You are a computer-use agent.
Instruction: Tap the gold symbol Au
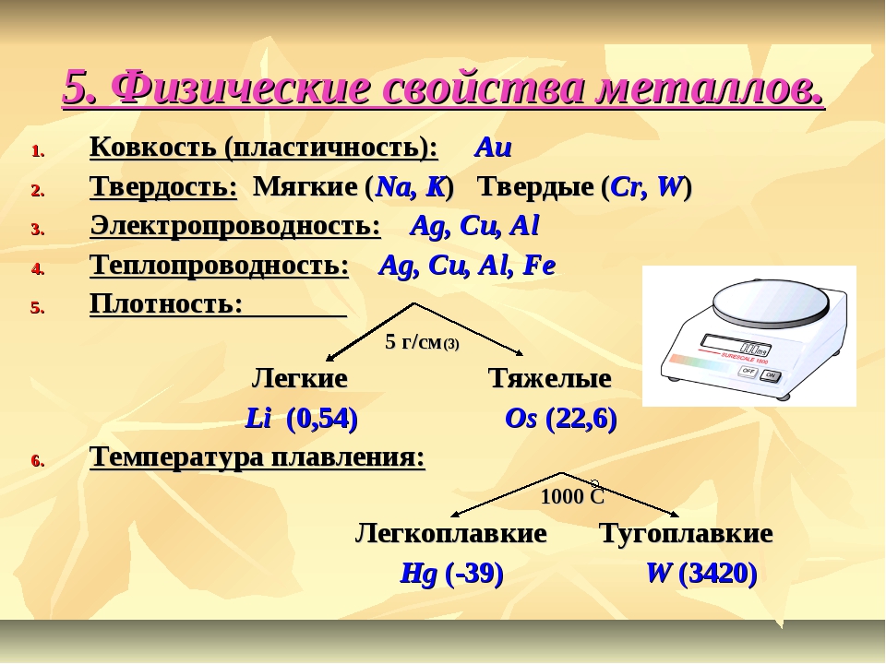493,148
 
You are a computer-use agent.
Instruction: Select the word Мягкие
305,187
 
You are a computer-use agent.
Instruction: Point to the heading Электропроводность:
235,226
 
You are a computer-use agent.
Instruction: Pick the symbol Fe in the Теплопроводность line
540,265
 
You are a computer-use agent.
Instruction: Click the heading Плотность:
166,303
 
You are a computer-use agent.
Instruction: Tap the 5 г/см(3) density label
422,341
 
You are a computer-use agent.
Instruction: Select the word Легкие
299,378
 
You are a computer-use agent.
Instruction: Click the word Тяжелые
550,378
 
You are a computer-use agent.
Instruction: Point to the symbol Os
521,419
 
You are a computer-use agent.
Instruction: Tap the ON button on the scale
770,375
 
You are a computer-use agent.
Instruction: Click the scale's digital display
736,344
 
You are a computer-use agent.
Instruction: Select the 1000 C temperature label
572,495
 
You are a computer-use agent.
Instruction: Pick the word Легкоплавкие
451,533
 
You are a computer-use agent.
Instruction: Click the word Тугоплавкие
686,533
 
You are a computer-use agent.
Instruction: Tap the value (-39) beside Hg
473,573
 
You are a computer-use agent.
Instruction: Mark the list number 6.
38,461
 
